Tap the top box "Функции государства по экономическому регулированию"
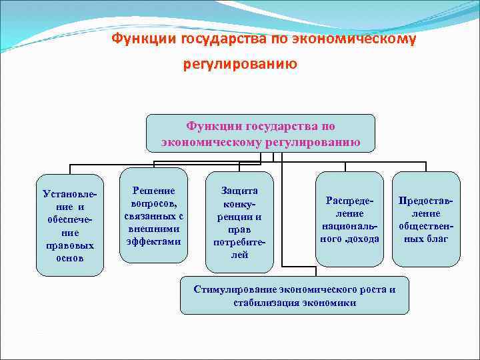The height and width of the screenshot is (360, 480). [x=261, y=133]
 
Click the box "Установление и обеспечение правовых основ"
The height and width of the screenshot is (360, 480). [x=70, y=225]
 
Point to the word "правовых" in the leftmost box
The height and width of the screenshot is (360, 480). [x=70, y=245]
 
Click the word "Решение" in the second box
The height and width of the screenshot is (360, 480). [x=154, y=190]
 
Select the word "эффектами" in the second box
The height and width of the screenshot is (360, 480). [x=154, y=241]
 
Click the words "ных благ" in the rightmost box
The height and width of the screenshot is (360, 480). [x=426, y=239]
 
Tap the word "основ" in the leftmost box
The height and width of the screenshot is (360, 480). [x=70, y=258]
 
